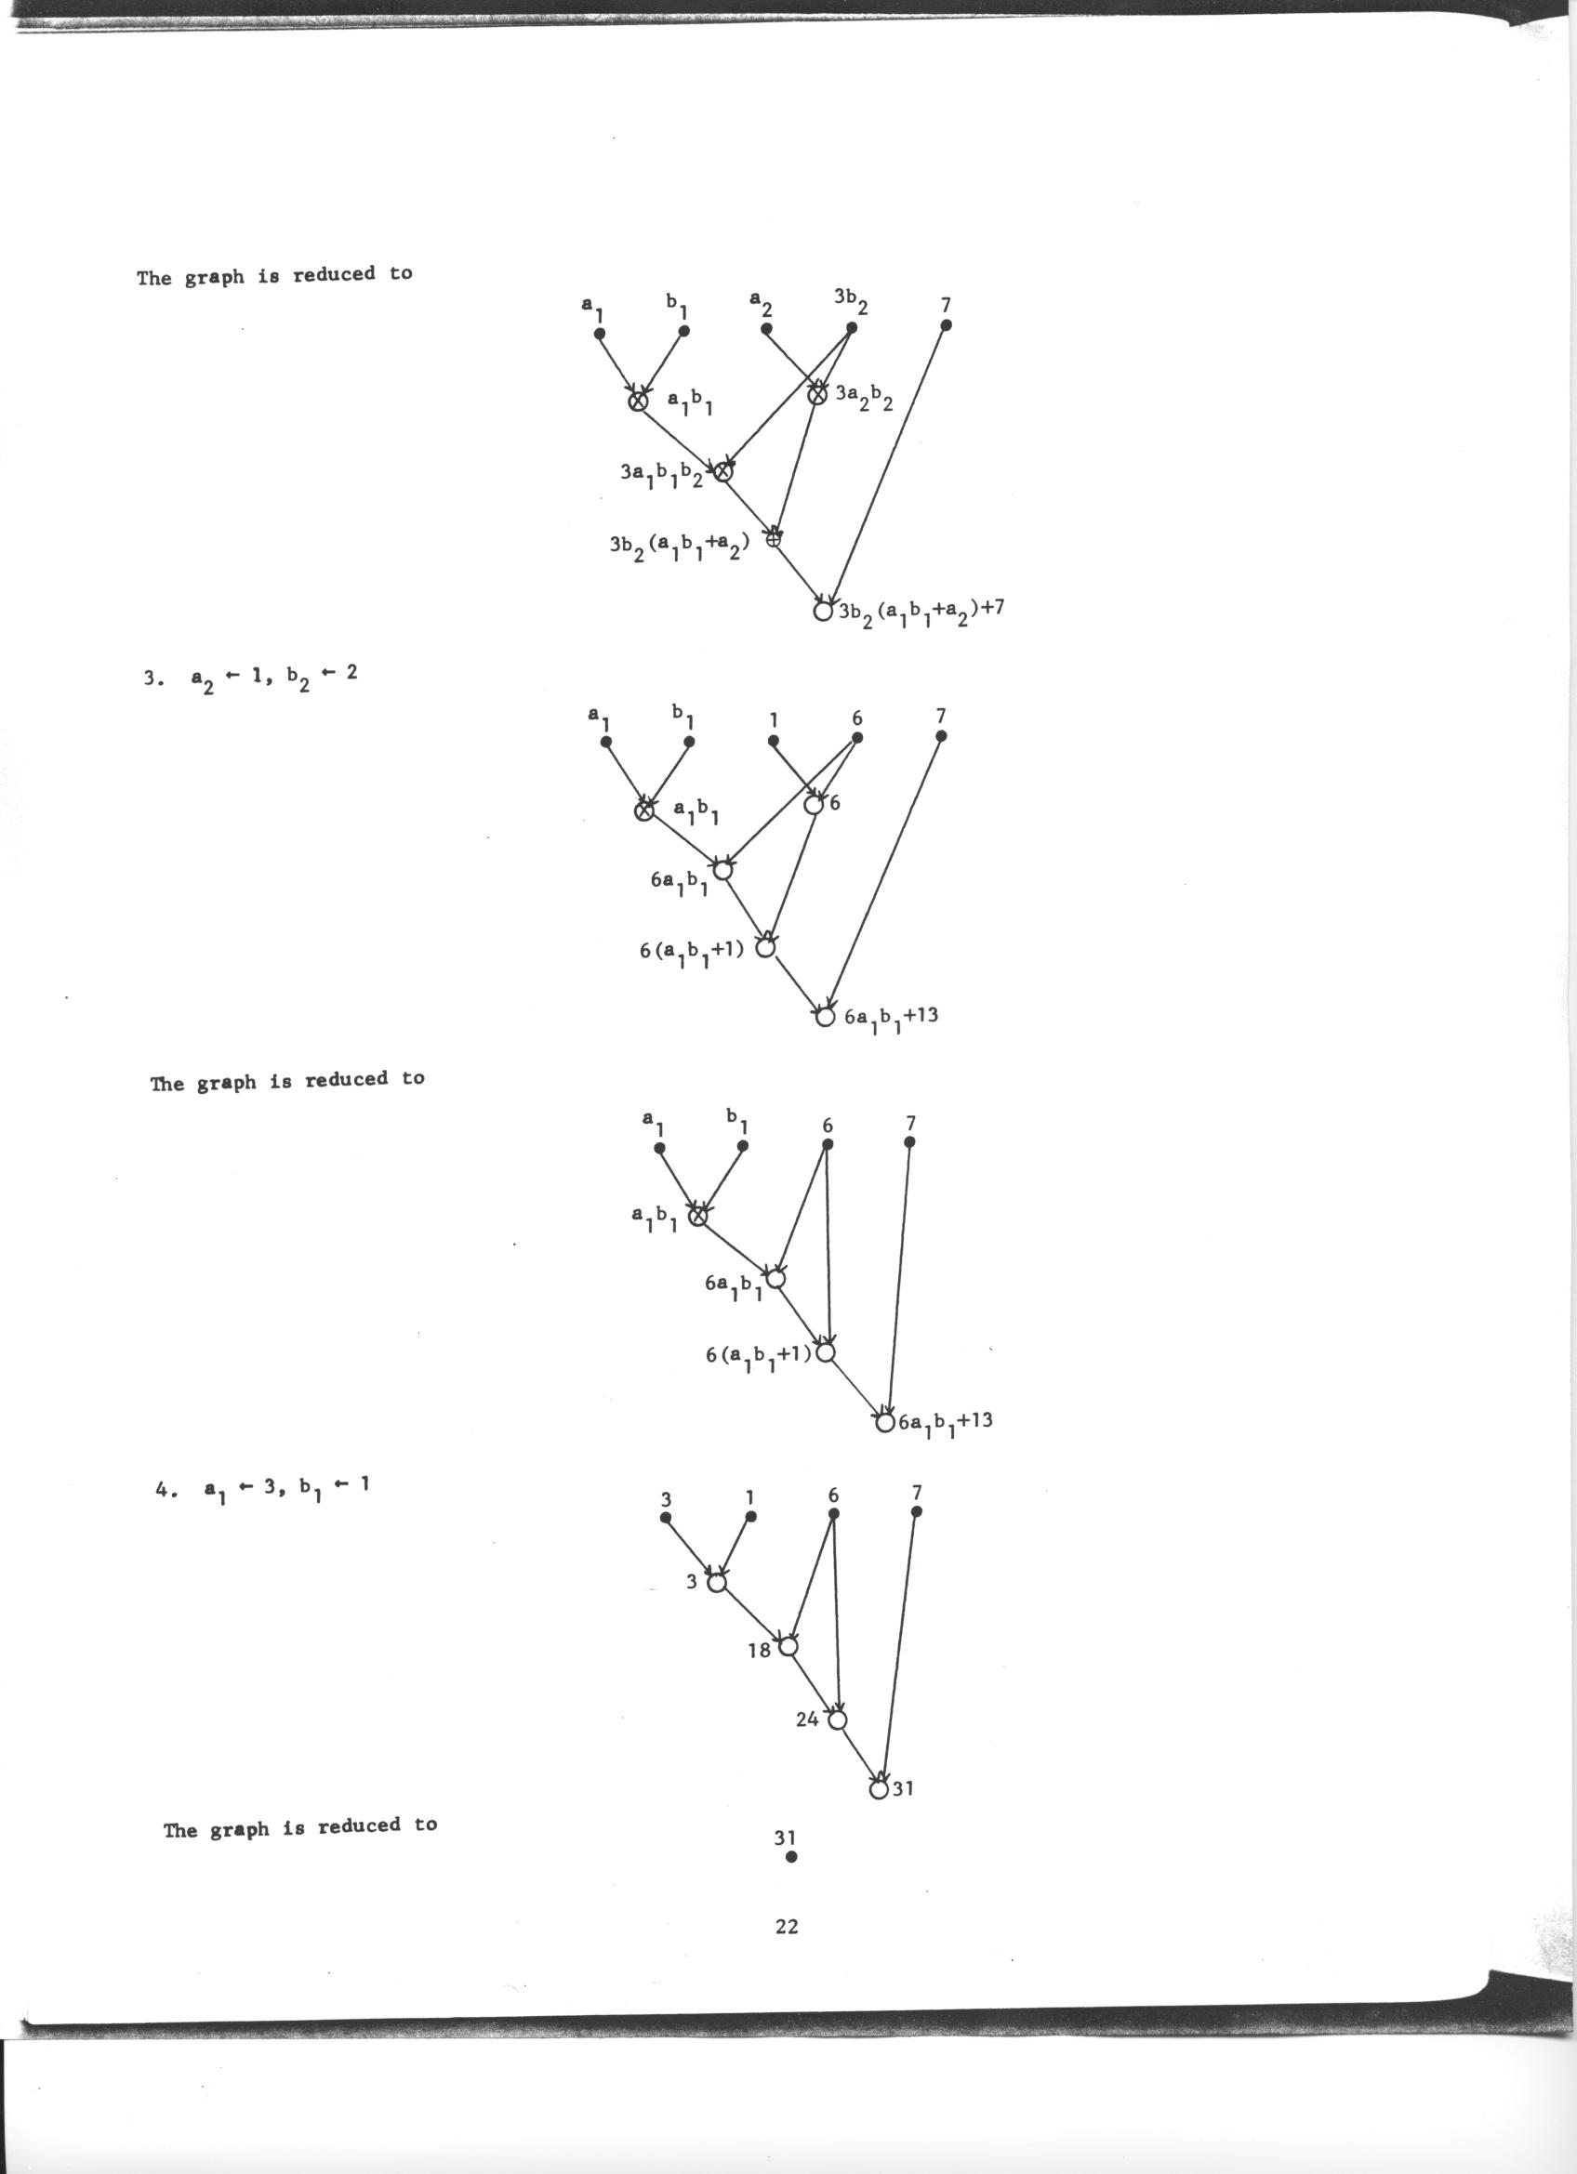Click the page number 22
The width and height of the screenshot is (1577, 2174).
[786, 1927]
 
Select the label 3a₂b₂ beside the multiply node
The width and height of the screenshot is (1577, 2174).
[865, 396]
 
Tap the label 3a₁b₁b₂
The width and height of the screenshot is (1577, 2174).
[661, 474]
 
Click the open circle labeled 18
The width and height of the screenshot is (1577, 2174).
[788, 1647]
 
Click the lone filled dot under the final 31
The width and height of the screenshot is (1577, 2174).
[791, 1857]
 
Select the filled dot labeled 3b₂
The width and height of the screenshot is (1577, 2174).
[852, 328]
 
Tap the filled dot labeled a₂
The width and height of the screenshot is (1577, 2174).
[766, 329]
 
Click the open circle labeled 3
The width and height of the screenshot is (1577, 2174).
[716, 1583]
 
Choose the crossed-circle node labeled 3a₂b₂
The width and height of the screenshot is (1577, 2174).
[816, 394]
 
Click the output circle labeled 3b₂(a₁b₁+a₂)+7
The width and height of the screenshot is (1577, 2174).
[822, 611]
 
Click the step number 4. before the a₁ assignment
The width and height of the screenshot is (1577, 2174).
[164, 1491]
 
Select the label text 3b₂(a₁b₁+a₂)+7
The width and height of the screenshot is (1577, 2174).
[921, 611]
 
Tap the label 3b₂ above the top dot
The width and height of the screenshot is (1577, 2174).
[850, 300]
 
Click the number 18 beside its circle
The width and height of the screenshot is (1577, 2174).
[760, 1651]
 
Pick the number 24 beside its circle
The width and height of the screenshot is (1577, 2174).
[807, 1719]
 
